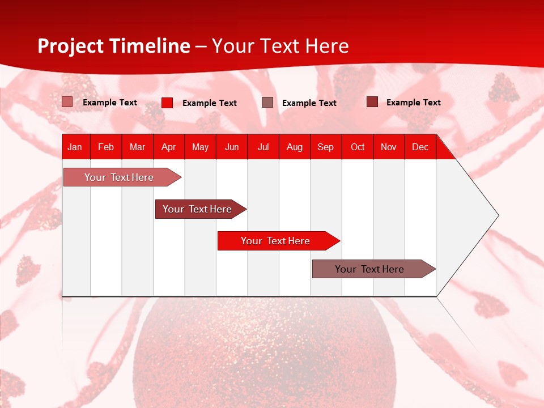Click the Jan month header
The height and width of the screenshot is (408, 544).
(75, 147)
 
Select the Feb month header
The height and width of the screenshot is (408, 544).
(106, 147)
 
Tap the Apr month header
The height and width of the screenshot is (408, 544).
(168, 147)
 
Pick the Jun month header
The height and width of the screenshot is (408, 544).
(232, 147)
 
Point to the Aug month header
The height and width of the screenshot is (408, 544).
(294, 147)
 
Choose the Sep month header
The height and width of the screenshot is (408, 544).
(325, 147)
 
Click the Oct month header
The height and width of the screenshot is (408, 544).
(358, 147)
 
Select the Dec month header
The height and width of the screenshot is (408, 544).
(420, 147)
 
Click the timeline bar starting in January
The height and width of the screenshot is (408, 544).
(119, 177)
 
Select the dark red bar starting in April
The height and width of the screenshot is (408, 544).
(197, 209)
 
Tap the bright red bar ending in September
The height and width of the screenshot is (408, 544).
(275, 241)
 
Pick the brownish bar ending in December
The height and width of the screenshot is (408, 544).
(369, 269)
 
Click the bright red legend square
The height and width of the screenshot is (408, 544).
(167, 103)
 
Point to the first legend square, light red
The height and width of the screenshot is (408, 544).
(67, 102)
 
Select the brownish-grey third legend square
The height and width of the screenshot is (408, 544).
(267, 102)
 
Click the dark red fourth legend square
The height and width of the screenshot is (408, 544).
(372, 102)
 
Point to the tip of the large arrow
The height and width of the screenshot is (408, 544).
(497, 215)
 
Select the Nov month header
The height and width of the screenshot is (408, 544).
(388, 147)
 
